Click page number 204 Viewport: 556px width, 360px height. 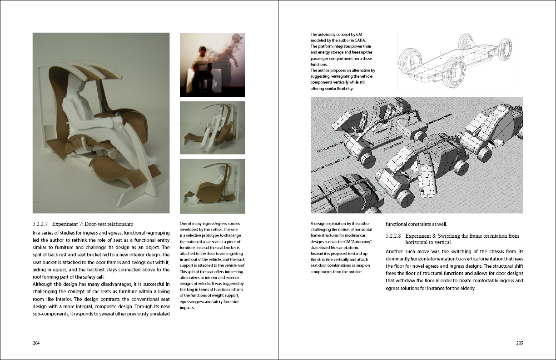point(36,343)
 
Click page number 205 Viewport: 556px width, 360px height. point(519,343)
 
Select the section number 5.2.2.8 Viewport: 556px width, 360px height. point(393,236)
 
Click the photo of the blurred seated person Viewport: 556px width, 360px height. point(212,65)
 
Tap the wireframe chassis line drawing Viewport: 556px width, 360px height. point(455,61)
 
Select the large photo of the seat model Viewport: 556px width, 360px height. point(101,123)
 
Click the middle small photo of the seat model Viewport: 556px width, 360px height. point(212,128)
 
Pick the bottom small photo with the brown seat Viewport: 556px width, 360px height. point(212,186)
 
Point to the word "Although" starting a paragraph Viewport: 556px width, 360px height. point(43,284)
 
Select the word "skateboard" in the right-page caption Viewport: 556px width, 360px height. point(322,248)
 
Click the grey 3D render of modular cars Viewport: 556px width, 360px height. point(417,155)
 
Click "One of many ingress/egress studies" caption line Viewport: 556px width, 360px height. point(210,224)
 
